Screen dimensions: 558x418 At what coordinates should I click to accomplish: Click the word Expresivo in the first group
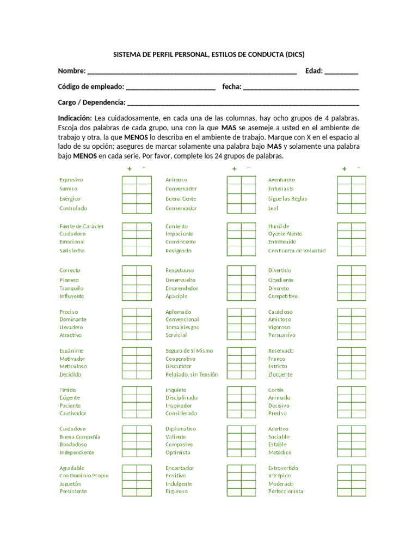pos(71,180)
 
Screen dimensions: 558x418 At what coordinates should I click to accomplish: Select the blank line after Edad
pos(341,72)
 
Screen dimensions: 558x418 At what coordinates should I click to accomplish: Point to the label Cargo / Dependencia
pos(91,102)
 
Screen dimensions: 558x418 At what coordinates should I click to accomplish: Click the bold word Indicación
pos(75,118)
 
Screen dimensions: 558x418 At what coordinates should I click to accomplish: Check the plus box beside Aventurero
pos(344,180)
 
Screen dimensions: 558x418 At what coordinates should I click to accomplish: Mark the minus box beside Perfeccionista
pos(359,492)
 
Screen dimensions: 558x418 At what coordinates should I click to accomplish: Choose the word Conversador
pos(181,189)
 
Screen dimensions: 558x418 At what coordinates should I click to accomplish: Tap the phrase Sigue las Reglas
pos(287,199)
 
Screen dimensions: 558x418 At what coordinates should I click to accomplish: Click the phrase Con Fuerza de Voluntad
pos(297,251)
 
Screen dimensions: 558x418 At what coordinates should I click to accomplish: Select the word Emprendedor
pos(182,288)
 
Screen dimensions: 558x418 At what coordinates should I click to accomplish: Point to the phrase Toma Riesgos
pos(182,327)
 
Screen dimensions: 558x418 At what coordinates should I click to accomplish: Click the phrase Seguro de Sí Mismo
pos(189,351)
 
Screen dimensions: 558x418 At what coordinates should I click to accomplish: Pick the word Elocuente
pos(280,375)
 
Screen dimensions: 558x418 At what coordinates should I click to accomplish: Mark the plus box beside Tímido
pos(129,390)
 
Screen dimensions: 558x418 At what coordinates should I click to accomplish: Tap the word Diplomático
pos(181,429)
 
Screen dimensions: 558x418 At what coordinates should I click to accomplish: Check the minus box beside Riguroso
pos(248,492)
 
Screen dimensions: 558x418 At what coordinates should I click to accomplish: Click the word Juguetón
pos(70,484)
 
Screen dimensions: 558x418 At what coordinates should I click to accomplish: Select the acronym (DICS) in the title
pos(295,55)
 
